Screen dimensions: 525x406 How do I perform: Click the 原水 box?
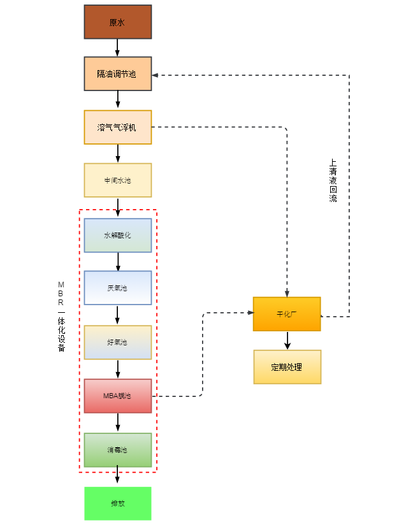tap(118, 22)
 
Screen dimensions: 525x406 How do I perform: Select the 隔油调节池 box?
tap(118, 74)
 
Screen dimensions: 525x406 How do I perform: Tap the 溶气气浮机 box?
tap(118, 127)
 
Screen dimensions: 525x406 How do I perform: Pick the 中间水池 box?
tap(118, 180)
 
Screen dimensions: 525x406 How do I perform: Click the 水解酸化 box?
tap(118, 235)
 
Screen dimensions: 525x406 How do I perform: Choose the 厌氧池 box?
tap(118, 288)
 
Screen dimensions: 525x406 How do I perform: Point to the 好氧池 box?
tap(118, 342)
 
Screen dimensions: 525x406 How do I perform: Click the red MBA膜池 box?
tap(118, 396)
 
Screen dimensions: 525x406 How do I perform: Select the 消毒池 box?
tap(118, 450)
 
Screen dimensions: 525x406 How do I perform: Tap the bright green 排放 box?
tap(118, 503)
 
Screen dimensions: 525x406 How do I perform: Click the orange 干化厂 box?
tap(287, 314)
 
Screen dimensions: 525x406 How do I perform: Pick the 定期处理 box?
tap(287, 367)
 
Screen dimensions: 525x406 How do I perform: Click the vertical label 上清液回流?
tap(333, 180)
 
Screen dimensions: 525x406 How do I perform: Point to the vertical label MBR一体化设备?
tap(61, 315)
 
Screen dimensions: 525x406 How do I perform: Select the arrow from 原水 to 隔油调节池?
tap(118, 48)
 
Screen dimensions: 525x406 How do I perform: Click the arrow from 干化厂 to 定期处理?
tap(287, 340)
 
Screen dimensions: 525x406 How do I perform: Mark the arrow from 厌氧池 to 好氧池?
tap(118, 315)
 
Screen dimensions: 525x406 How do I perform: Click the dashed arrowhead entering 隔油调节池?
tap(156, 75)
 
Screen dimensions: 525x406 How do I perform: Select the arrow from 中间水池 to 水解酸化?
tap(118, 206)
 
